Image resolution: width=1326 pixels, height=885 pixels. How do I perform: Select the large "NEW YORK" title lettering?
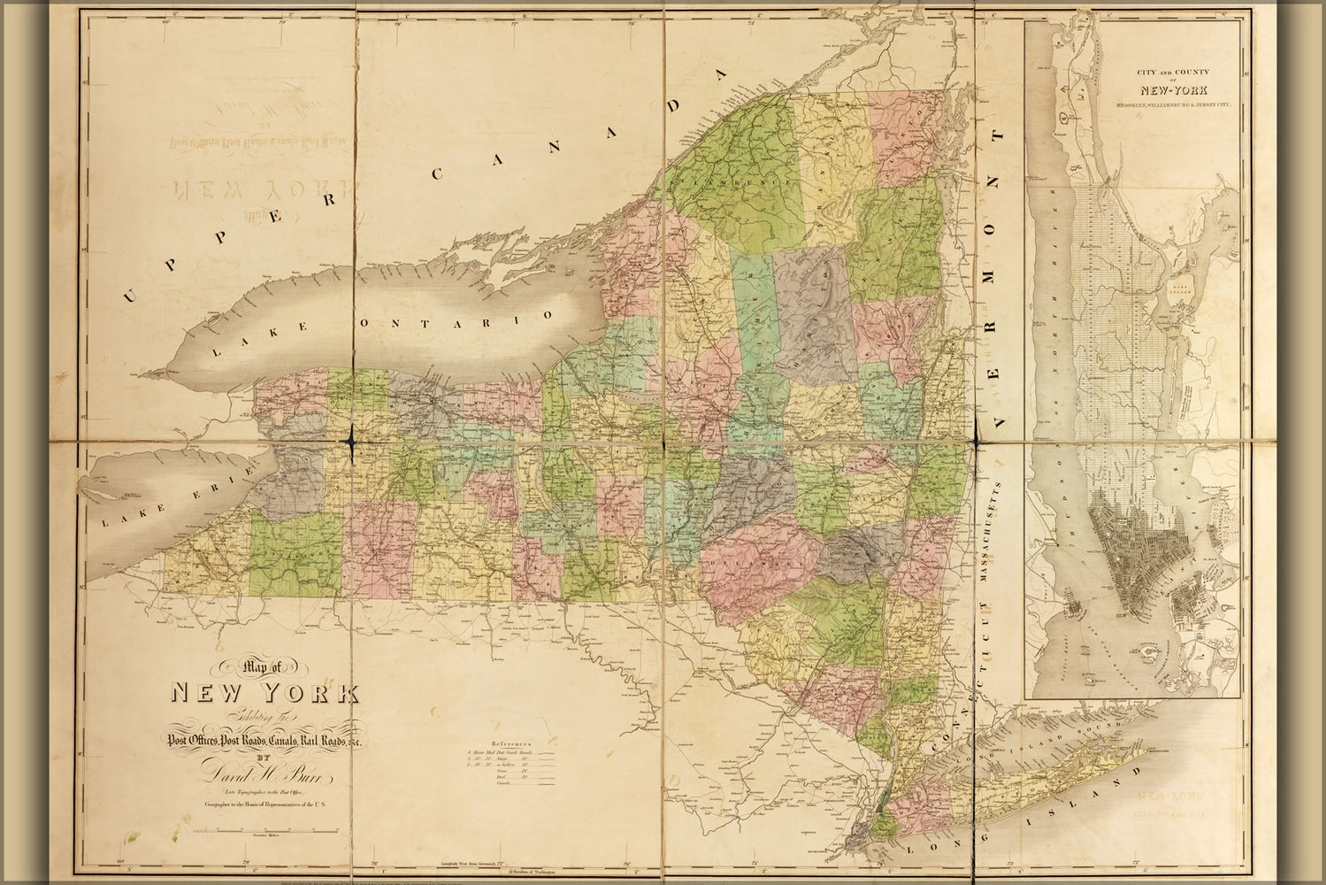pyautogui.click(x=264, y=692)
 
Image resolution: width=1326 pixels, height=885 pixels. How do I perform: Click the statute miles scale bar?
pyautogui.click(x=264, y=831)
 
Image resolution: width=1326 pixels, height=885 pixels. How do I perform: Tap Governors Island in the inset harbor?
pyautogui.click(x=1150, y=651)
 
